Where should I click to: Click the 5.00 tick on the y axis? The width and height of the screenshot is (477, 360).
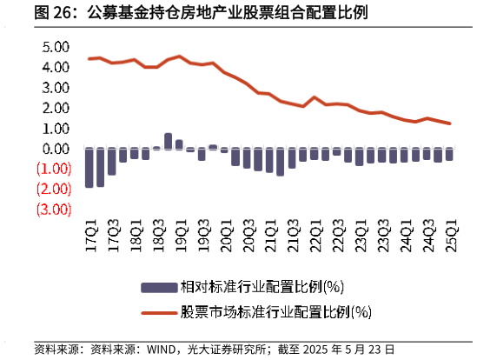coord(56,47)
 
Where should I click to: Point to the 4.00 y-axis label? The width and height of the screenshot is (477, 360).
coord(56,67)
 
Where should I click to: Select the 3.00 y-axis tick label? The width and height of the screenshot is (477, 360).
coord(56,88)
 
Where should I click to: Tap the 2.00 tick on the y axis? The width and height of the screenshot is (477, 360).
coord(56,108)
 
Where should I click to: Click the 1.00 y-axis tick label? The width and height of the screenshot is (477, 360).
coord(56,129)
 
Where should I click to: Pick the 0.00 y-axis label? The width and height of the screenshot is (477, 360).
coord(56,149)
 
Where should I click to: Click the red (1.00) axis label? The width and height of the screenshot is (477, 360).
coord(54,169)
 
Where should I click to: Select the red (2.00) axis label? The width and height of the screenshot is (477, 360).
coord(54,189)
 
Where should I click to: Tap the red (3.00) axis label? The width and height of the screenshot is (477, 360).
coord(54,210)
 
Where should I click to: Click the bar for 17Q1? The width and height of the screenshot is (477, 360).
coord(89,168)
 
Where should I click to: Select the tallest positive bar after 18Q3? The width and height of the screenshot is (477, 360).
coord(169,141)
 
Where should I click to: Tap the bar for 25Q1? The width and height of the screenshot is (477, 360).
coord(449,155)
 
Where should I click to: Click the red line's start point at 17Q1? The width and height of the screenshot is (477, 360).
coord(89,59)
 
